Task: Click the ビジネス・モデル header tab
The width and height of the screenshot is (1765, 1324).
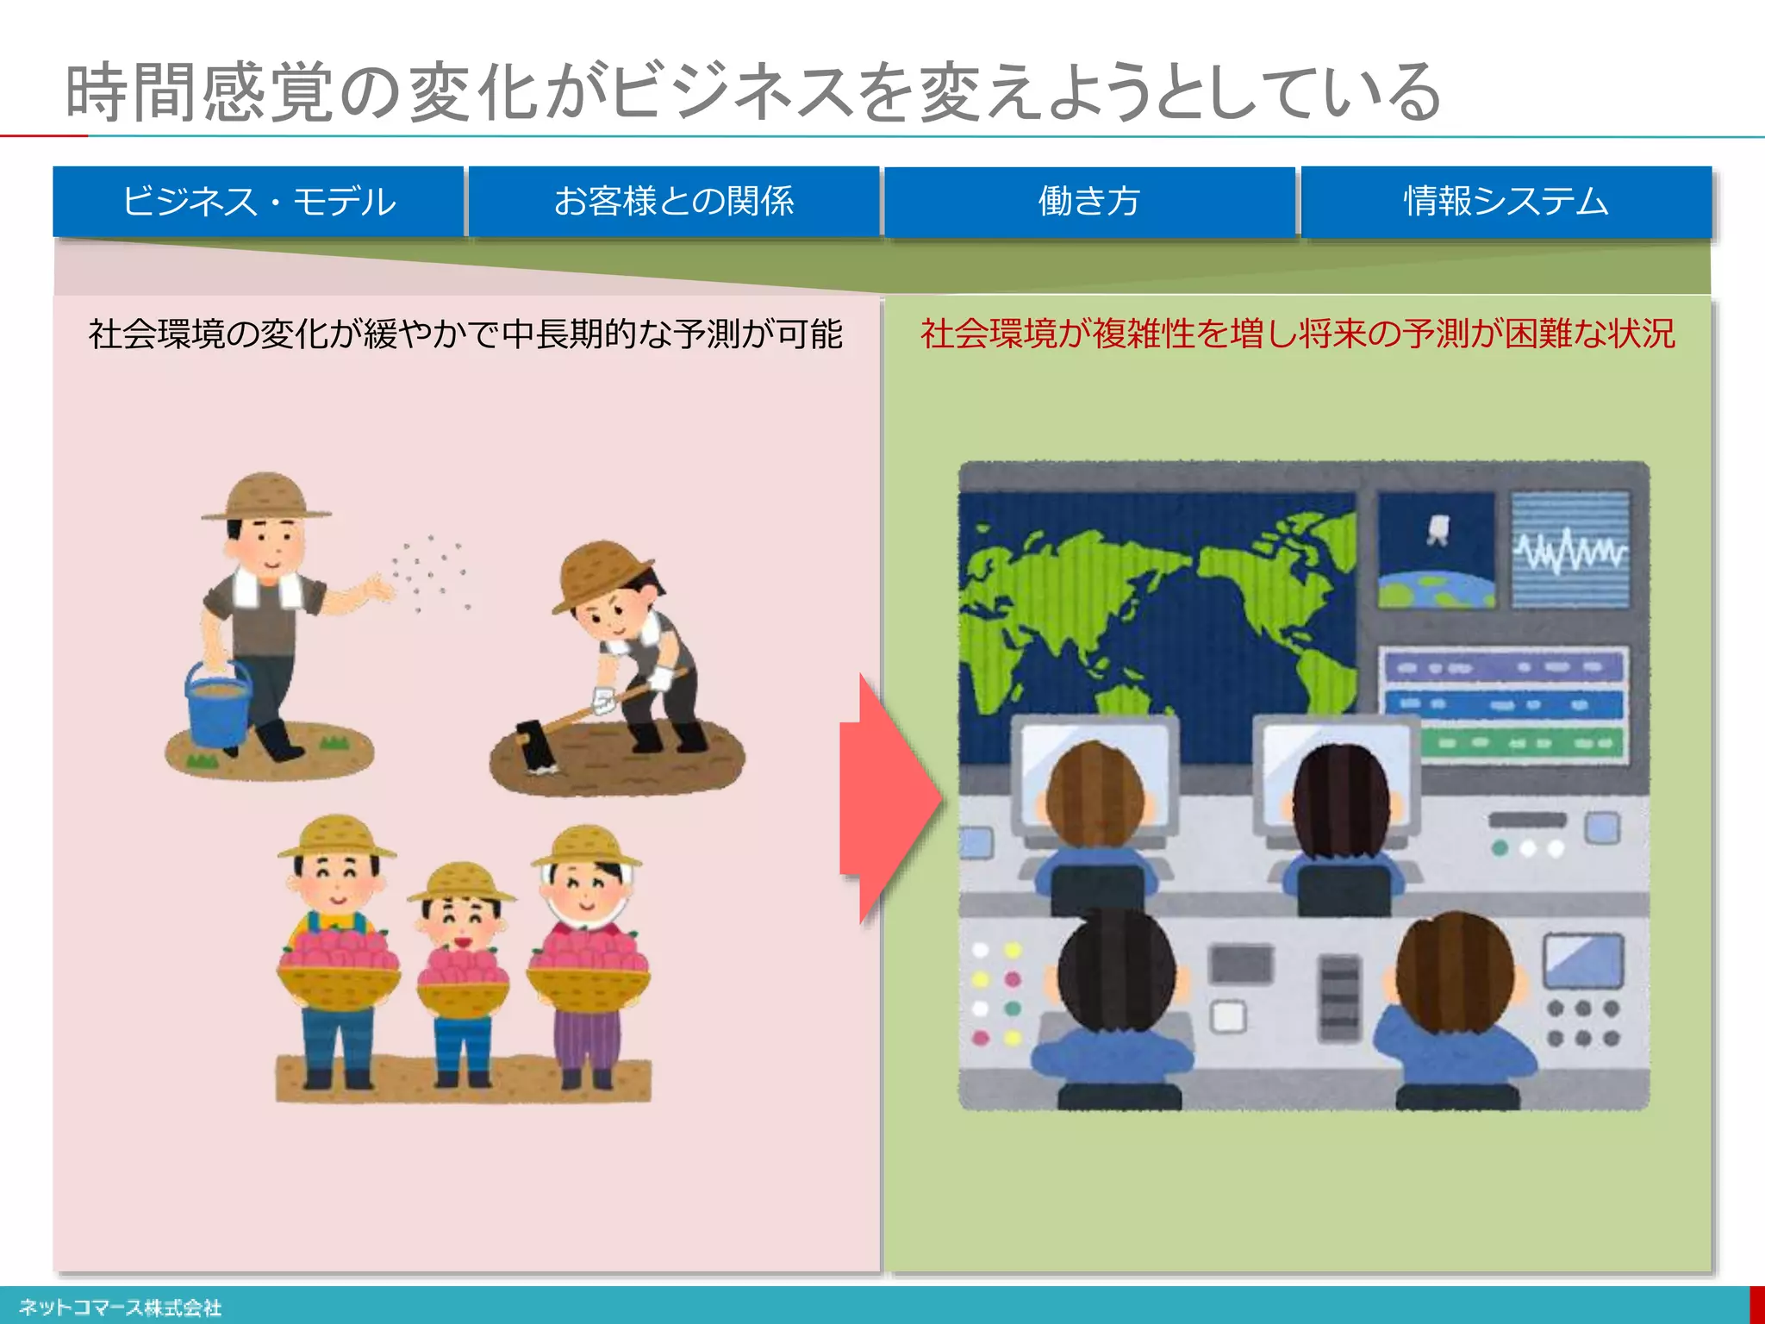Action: (x=259, y=202)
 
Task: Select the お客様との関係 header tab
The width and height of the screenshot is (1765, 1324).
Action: (x=674, y=202)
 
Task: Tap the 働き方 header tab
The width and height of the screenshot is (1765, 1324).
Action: (x=1089, y=202)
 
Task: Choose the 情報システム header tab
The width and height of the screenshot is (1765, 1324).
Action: (x=1506, y=202)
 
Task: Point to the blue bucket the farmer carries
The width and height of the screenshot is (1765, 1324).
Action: (x=218, y=703)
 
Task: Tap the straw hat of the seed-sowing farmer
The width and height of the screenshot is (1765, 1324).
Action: (x=265, y=496)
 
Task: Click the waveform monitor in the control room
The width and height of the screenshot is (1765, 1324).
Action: (x=1570, y=550)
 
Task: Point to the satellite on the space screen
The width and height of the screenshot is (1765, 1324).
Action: (x=1437, y=528)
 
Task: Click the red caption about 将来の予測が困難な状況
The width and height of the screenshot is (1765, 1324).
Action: (x=1297, y=334)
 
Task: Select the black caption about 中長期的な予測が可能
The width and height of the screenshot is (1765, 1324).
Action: (x=465, y=334)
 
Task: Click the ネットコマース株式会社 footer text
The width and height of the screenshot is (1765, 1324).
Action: (x=121, y=1308)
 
